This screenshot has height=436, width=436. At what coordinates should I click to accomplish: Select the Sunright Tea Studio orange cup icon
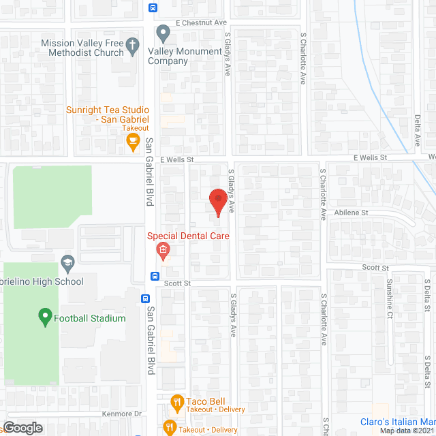[x=134, y=142]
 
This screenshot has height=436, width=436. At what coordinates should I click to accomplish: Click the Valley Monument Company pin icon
[x=163, y=33]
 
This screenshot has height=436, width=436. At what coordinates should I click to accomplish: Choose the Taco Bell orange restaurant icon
[x=176, y=402]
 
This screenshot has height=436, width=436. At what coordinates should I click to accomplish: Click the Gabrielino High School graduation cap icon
[x=67, y=262]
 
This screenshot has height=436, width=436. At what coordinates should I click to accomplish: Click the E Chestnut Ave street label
[x=200, y=22]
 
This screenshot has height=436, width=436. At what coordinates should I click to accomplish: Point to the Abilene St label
[x=351, y=213]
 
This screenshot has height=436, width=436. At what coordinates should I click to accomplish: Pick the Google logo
[x=22, y=428]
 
